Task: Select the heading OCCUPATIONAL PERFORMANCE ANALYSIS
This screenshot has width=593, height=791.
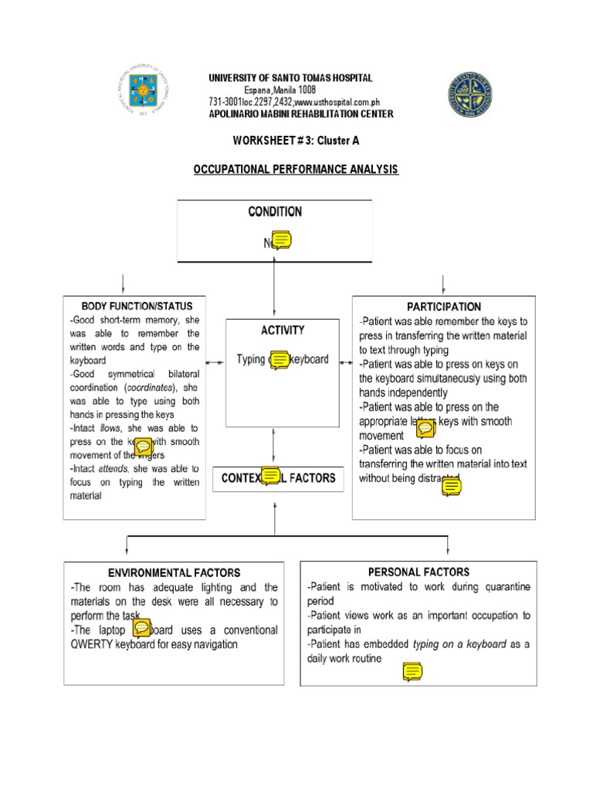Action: pos(296,168)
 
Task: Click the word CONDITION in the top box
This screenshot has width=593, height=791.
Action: pos(274,212)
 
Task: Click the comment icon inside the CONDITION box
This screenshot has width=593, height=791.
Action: pos(281,241)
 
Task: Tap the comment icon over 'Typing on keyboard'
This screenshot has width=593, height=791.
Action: pos(278,360)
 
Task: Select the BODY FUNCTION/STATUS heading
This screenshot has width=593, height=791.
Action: pos(137,307)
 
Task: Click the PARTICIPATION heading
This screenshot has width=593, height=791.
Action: pos(444,307)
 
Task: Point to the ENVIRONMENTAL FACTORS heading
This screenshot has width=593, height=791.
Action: pos(174,573)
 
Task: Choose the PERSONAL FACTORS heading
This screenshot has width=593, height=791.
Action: pos(418,572)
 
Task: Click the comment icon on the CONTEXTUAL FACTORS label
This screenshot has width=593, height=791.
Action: pos(270,477)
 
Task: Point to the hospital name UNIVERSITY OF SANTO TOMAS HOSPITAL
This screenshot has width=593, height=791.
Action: pos(290,78)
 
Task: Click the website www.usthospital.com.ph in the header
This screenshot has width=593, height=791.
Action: pos(337,103)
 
